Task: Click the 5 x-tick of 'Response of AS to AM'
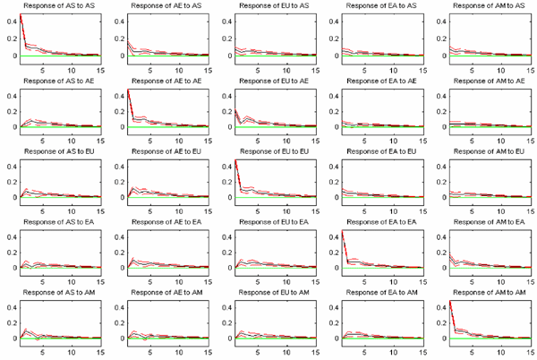tap(44, 351)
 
